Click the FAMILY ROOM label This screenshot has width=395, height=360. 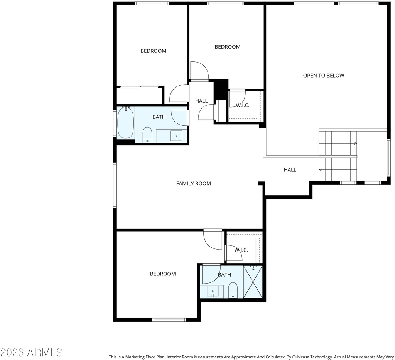[x=194, y=183]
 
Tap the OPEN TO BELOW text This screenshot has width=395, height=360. [x=324, y=75]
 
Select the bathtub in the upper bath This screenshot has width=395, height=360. [x=125, y=122]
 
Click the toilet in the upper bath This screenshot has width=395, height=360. [x=147, y=135]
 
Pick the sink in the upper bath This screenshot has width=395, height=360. [x=176, y=136]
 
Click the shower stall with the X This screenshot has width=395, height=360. [x=253, y=282]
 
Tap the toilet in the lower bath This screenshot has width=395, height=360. [x=233, y=290]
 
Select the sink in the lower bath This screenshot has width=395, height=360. [x=213, y=291]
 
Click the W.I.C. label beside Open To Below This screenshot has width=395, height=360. [x=243, y=105]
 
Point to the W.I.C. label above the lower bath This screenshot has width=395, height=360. [x=241, y=250]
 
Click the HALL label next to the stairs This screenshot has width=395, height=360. [x=290, y=170]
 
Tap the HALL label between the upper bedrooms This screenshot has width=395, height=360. [x=201, y=101]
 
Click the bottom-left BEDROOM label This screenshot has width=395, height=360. [x=163, y=274]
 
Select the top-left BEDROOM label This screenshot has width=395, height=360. [x=153, y=51]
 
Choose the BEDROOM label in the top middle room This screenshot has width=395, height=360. [x=228, y=47]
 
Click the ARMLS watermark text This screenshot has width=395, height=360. [x=45, y=352]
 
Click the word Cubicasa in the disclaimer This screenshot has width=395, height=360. [x=301, y=357]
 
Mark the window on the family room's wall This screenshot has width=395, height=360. [x=115, y=186]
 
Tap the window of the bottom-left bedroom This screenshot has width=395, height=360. [x=169, y=320]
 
